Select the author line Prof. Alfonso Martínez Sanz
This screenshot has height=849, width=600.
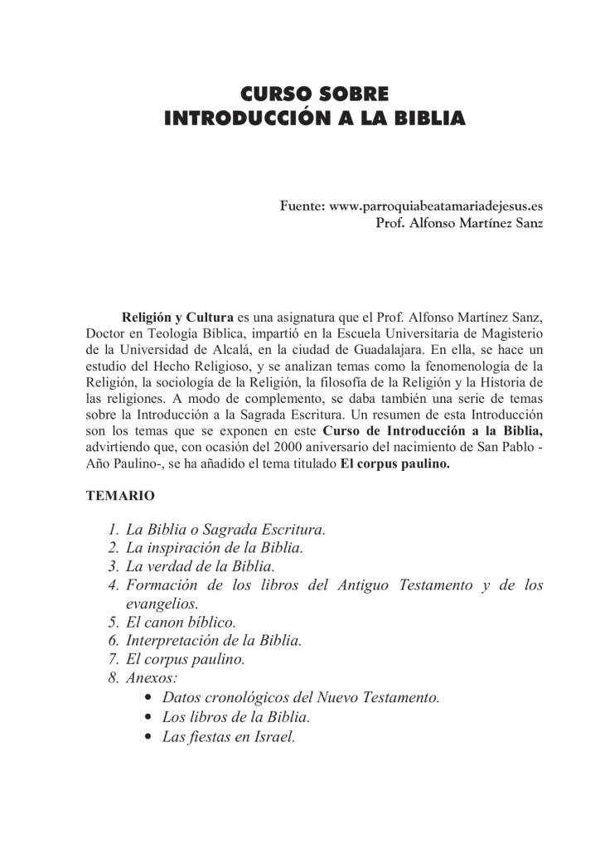click(459, 224)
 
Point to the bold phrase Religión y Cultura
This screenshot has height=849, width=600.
click(177, 317)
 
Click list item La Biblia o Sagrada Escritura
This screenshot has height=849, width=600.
click(225, 530)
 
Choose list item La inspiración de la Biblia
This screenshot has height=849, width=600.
click(215, 548)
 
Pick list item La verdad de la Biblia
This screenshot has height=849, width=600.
click(200, 567)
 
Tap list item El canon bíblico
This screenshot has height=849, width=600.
click(181, 622)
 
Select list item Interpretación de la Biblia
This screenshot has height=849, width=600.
click(214, 641)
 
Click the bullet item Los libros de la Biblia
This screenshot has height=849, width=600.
click(236, 716)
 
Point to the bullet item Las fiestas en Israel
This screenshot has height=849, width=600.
click(229, 736)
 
